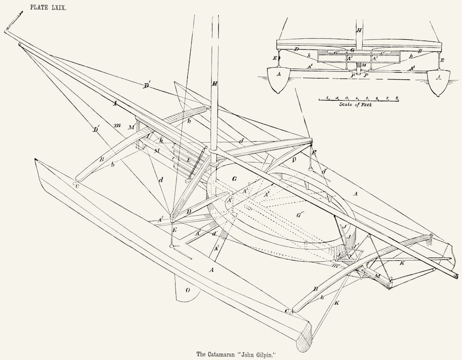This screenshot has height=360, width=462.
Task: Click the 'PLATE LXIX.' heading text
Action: point(48,7)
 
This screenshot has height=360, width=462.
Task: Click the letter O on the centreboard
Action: point(188,291)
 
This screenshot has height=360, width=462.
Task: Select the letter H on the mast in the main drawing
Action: point(215,84)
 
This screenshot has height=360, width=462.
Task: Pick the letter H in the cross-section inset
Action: point(359,31)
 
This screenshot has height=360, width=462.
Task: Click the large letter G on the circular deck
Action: point(234,180)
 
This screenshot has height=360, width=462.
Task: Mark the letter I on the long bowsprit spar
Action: point(115,104)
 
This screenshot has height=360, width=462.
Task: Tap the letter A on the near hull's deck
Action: point(211,269)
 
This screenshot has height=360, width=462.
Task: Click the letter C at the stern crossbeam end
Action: point(287,311)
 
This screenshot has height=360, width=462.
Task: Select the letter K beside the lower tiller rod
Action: point(337,304)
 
